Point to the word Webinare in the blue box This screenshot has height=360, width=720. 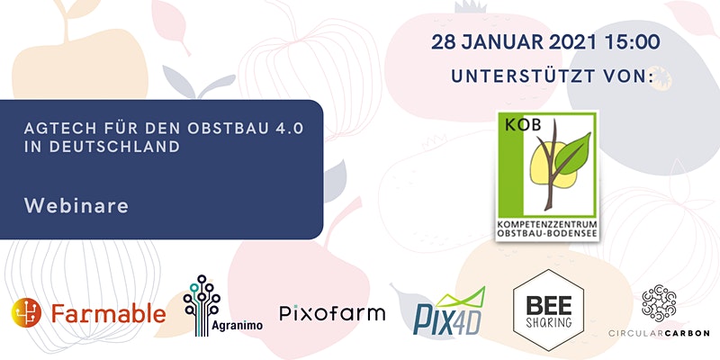(x=76, y=206)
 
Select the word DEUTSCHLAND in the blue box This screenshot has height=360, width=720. (x=115, y=147)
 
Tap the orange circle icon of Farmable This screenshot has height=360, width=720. (x=26, y=312)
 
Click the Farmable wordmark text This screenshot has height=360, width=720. (x=108, y=313)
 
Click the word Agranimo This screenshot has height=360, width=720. (x=238, y=326)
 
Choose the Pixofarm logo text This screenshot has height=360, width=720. (x=332, y=313)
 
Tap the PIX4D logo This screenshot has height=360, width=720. (x=449, y=311)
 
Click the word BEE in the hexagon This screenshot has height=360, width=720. (x=548, y=305)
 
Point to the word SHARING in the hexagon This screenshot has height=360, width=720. (x=549, y=322)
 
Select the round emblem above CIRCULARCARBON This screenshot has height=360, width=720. (x=659, y=302)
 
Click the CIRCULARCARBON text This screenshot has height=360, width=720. (x=659, y=333)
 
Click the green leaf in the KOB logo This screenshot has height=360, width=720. (x=573, y=153)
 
